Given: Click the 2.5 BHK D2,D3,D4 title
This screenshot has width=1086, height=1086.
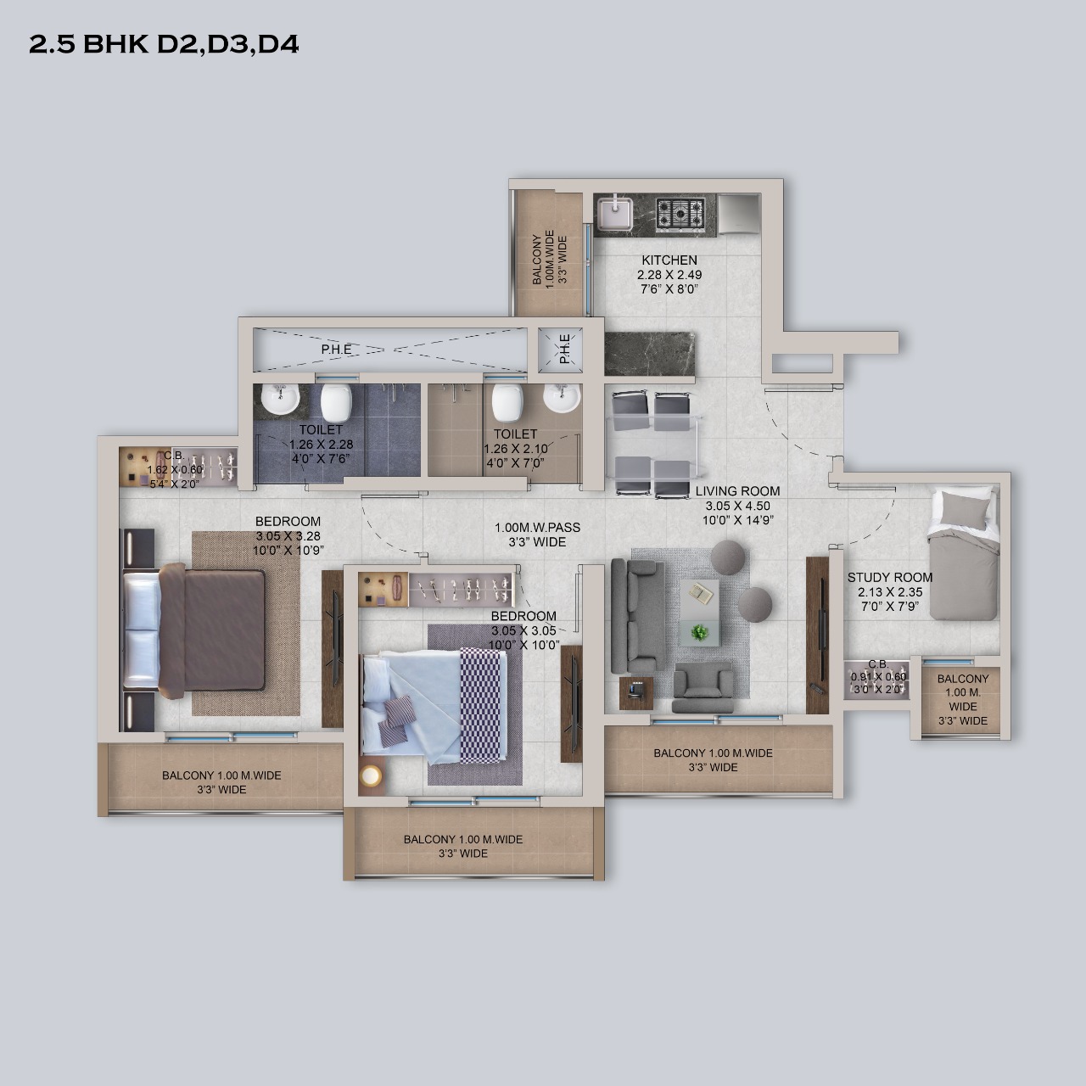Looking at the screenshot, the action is click(164, 45).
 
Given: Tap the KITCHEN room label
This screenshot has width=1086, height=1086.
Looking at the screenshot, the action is click(669, 260).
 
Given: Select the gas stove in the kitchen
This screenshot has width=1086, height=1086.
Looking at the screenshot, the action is click(680, 214).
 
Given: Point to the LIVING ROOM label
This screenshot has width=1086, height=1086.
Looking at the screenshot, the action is click(737, 491).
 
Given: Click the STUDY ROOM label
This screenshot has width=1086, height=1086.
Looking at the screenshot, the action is click(890, 578).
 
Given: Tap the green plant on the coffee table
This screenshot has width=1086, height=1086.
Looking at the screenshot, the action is click(699, 632).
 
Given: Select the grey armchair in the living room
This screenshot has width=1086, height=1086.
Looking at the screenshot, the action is click(703, 687).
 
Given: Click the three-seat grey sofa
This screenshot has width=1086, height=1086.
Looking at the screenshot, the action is click(634, 615).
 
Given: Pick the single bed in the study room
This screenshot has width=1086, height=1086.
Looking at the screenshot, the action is click(964, 554).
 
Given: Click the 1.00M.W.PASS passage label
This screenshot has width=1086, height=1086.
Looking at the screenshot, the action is click(537, 528).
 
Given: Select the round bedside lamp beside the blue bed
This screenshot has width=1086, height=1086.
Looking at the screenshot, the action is click(372, 776).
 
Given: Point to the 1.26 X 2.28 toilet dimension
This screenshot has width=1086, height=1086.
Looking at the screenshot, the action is click(322, 445).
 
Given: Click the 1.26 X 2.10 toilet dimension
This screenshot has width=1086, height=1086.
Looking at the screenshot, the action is click(516, 449).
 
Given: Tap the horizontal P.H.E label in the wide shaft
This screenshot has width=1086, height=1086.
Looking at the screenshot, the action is click(337, 350).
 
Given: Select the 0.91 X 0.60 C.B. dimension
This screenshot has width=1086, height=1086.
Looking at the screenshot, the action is click(879, 677).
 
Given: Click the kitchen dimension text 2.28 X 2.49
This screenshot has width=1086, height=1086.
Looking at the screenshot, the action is click(669, 275).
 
